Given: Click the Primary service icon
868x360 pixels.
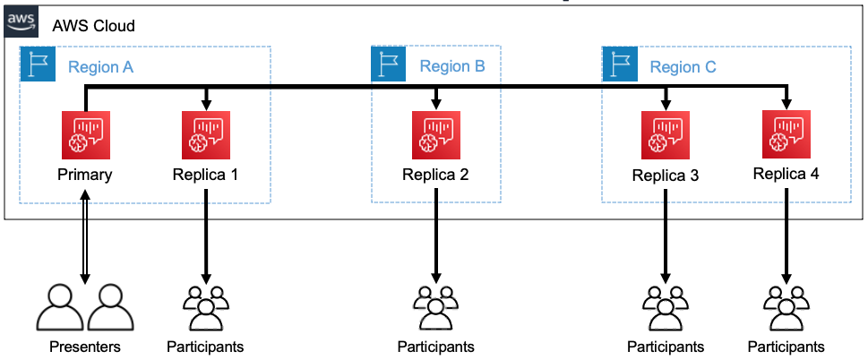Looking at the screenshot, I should pyautogui.click(x=84, y=133).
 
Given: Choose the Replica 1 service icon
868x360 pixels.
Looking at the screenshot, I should pyautogui.click(x=205, y=133).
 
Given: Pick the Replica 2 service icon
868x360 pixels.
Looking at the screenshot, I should pyautogui.click(x=435, y=133).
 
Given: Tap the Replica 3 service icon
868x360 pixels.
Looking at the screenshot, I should pyautogui.click(x=665, y=133).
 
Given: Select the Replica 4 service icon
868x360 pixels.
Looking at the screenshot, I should pyautogui.click(x=786, y=133).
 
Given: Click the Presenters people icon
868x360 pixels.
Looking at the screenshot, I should pyautogui.click(x=85, y=307).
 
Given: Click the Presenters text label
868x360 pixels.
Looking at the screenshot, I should pyautogui.click(x=85, y=347).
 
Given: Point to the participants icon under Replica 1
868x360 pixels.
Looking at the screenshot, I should pyautogui.click(x=205, y=307).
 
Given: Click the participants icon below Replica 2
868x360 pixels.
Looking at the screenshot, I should pyautogui.click(x=435, y=307).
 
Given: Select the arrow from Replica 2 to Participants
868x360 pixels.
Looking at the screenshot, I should pyautogui.click(x=435, y=233).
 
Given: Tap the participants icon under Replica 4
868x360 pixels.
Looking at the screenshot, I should pyautogui.click(x=786, y=307).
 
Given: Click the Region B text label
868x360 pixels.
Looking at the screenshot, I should pyautogui.click(x=452, y=66).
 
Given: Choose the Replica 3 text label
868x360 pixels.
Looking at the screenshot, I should pyautogui.click(x=665, y=175).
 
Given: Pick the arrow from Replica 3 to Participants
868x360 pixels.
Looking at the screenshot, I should pyautogui.click(x=665, y=233).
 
